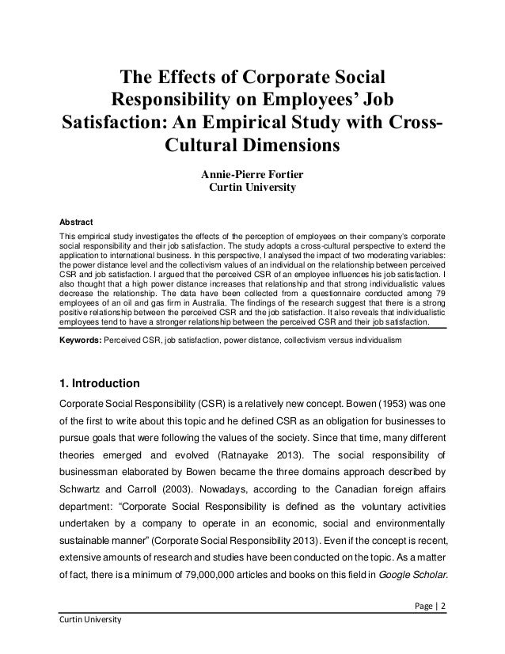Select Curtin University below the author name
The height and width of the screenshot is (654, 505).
[x=251, y=189]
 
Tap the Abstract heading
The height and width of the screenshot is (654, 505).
[x=77, y=221]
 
